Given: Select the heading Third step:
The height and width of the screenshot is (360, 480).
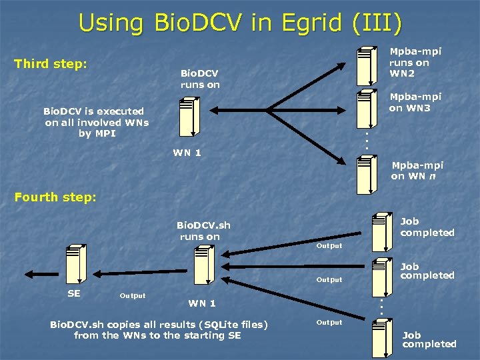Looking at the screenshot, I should [x=51, y=64].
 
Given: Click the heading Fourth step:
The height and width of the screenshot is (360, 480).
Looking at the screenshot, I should [x=55, y=197].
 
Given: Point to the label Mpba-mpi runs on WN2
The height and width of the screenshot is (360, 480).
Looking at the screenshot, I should [x=415, y=62].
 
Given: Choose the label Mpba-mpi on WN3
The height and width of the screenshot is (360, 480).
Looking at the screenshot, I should [x=415, y=103].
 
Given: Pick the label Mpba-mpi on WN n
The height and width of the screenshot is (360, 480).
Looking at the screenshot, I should [x=417, y=171].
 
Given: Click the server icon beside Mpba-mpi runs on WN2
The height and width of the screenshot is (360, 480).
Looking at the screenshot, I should [x=366, y=64].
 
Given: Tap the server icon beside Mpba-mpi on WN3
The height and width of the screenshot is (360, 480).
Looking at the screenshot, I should [x=366, y=106].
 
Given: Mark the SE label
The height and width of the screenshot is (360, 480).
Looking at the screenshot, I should [x=74, y=294].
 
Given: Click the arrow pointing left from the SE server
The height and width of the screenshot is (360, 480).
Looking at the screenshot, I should [x=41, y=273].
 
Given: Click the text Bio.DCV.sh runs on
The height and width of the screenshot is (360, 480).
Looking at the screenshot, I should [x=203, y=231].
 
